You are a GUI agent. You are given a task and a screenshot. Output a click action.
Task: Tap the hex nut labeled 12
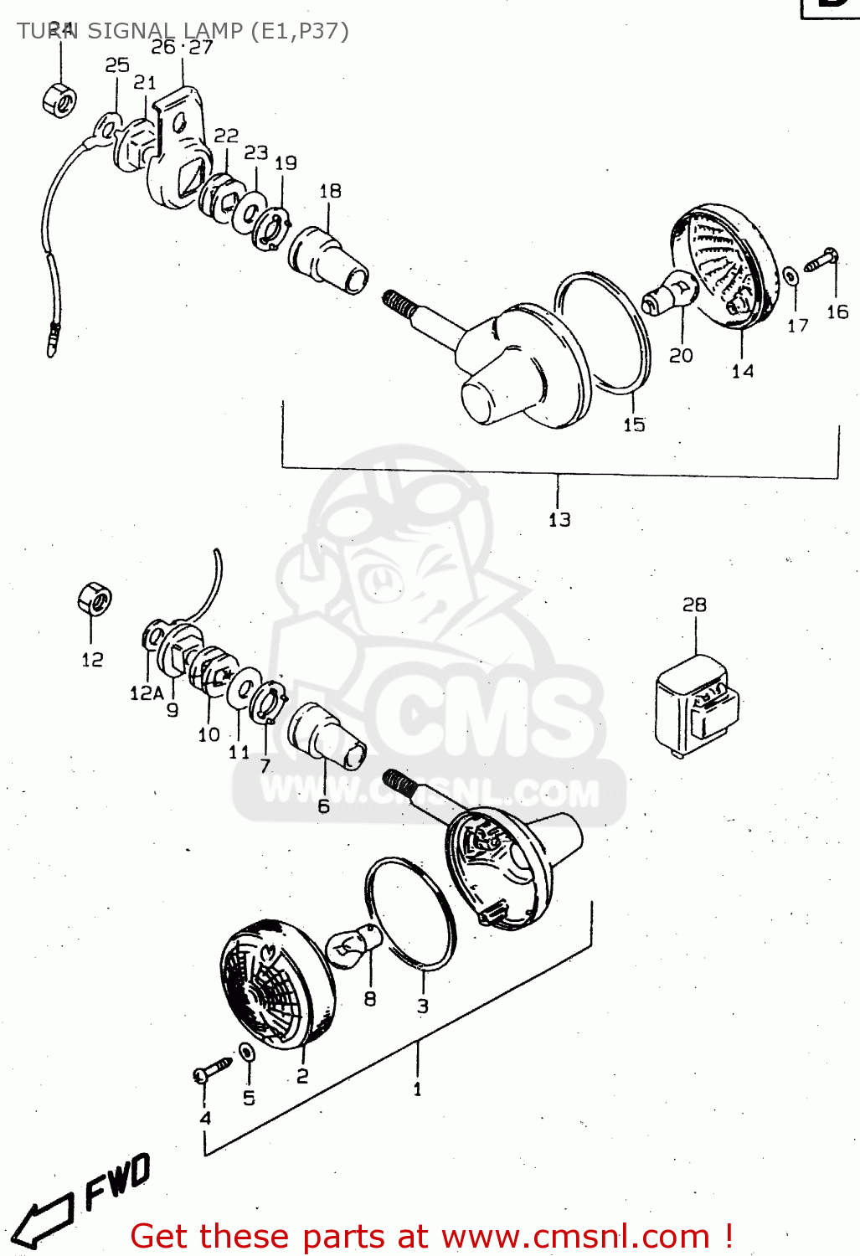click(94, 600)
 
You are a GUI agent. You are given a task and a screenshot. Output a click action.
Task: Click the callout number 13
click(559, 520)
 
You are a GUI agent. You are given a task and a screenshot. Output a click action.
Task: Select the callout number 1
click(417, 1089)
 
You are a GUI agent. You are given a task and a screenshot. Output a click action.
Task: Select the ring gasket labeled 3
click(410, 913)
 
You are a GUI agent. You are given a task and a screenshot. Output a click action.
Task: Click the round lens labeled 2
click(276, 984)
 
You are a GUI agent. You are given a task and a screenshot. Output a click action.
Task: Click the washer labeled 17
click(790, 275)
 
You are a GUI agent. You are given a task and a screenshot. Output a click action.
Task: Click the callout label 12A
click(146, 693)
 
